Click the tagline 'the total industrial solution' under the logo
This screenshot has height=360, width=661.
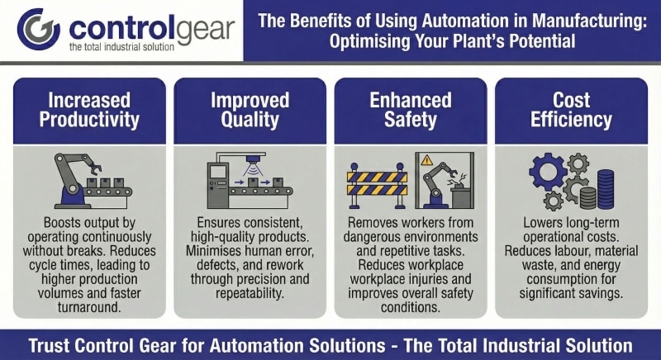[121, 47]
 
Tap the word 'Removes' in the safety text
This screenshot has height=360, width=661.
[367, 223]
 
